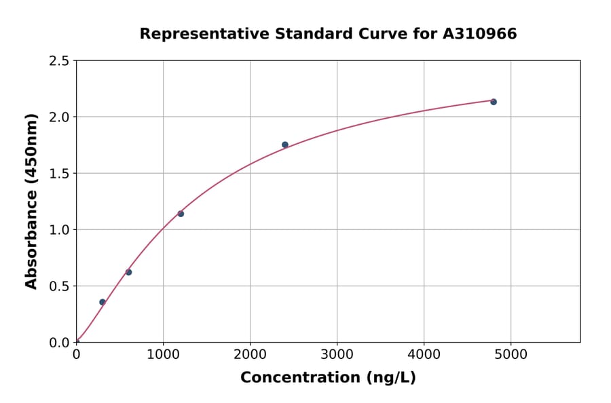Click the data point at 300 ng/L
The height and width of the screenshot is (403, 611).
103,302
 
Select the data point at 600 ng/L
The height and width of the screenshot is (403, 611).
128,272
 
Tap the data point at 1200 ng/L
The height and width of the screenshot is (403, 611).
181,214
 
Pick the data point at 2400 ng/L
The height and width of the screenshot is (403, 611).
285,145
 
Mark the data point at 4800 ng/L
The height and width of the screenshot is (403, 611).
494,102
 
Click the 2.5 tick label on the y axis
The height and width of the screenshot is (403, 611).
60,61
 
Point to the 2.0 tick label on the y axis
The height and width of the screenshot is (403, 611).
60,117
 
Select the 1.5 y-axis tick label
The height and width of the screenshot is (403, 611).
60,174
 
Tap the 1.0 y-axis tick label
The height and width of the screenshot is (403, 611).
60,230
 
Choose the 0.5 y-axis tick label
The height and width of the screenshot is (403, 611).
60,286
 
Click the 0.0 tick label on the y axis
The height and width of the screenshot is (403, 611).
60,343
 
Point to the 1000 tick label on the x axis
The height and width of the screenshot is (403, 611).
163,354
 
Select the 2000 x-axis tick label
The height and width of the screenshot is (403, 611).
250,354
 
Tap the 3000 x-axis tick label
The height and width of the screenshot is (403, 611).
337,354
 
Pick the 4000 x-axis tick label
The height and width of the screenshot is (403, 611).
424,354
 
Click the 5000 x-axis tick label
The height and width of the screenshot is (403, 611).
511,354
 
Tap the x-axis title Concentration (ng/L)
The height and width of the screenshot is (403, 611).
328,377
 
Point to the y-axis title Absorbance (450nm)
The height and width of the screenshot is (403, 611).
31,201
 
